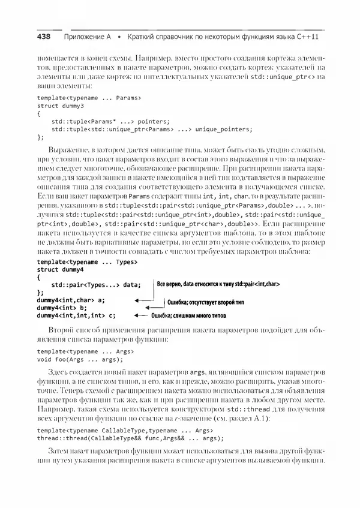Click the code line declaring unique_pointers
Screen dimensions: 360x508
pyautogui.click(x=152, y=128)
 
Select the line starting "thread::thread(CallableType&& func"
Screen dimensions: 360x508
pyautogui.click(x=125, y=438)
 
